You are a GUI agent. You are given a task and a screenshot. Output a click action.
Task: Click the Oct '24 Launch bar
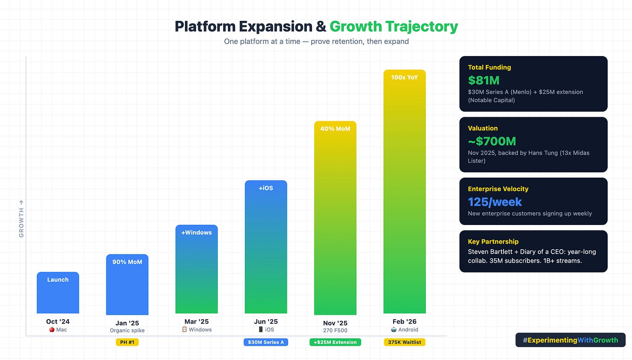[58, 293]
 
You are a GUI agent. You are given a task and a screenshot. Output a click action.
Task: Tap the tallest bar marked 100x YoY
[405, 191]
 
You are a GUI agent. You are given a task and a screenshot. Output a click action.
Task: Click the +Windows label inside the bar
[197, 233]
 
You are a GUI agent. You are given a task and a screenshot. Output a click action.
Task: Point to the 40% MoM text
[335, 129]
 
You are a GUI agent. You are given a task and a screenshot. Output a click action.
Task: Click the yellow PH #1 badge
[127, 342]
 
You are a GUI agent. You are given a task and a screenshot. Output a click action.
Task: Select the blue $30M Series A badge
[266, 342]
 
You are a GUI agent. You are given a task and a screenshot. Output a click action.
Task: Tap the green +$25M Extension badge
[335, 342]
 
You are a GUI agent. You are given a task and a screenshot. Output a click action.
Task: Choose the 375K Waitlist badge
[405, 342]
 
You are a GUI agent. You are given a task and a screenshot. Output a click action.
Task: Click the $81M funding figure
[484, 80]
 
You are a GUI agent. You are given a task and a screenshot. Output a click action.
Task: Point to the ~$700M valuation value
[492, 141]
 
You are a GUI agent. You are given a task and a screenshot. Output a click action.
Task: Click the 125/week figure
[495, 202]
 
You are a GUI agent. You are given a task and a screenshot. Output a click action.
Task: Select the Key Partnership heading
[493, 241]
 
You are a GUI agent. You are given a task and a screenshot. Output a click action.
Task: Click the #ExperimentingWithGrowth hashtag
[570, 340]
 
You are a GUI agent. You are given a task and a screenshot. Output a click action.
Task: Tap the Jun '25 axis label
[266, 322]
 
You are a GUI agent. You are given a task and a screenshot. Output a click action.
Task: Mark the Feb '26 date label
[405, 322]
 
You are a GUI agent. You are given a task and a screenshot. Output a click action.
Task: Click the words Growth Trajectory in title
[394, 27]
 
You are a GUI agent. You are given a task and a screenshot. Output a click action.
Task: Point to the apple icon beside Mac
[52, 330]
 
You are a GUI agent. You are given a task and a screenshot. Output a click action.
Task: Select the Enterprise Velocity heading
[498, 189]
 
